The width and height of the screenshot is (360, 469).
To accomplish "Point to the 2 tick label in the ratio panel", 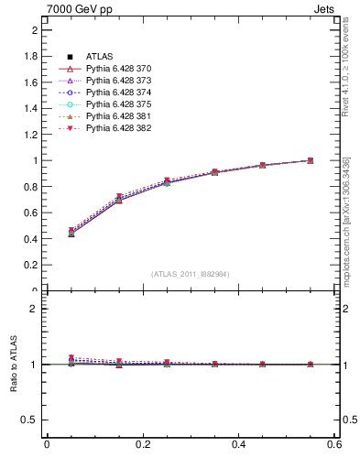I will (35, 309).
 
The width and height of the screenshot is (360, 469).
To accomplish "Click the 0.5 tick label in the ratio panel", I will (31, 420).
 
